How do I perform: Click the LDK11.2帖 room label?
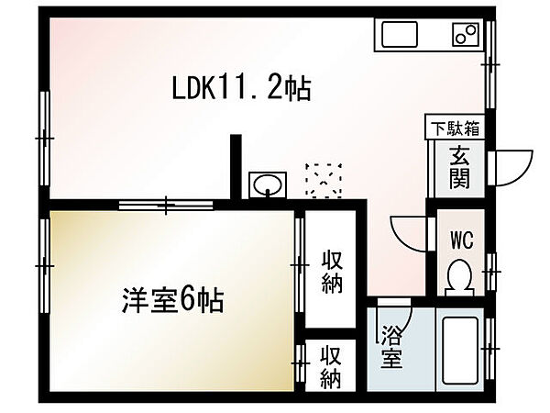point(241,88)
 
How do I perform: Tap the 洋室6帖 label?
point(172,300)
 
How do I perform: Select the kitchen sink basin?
point(400,34)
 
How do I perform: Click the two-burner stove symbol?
point(466,35)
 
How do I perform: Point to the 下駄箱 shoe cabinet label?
point(455,128)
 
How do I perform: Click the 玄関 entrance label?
point(459,168)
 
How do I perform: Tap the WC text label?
point(462,240)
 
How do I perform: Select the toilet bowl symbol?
point(459,277)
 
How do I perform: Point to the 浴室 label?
point(391,346)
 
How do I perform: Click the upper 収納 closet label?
point(332,271)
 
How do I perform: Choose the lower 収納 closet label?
point(330,366)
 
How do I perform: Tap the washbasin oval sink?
point(268,184)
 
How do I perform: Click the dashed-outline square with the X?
point(324,180)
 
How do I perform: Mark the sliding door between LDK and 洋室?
point(166,205)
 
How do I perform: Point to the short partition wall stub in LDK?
point(236,167)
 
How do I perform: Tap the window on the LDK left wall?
point(45,138)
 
